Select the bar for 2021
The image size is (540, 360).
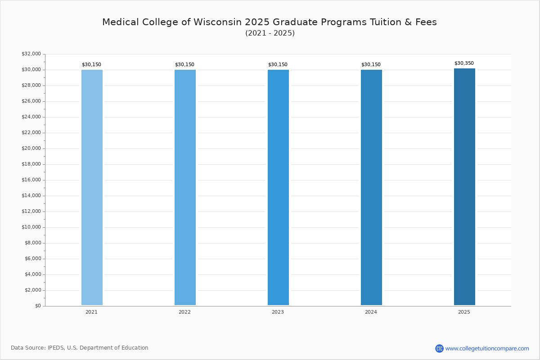(92, 187)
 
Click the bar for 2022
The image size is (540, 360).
(185, 187)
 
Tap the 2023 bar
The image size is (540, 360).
(278, 187)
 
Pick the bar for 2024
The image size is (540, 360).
(371, 187)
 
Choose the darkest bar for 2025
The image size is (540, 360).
(464, 187)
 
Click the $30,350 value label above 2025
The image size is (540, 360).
(464, 63)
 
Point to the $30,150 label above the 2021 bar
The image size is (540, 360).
(91, 65)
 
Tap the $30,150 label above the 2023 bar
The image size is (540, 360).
(278, 65)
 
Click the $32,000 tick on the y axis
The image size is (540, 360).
(31, 54)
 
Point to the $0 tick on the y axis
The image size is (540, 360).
(38, 306)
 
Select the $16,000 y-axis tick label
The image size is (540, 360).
(31, 180)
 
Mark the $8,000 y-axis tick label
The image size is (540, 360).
(32, 243)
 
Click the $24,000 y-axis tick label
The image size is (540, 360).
(31, 117)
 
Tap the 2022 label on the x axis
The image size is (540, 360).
(184, 312)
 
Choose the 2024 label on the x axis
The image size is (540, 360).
(371, 312)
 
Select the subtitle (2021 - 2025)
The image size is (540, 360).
(270, 33)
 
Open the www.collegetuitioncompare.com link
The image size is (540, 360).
(487, 349)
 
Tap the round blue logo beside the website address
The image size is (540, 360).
(439, 348)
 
